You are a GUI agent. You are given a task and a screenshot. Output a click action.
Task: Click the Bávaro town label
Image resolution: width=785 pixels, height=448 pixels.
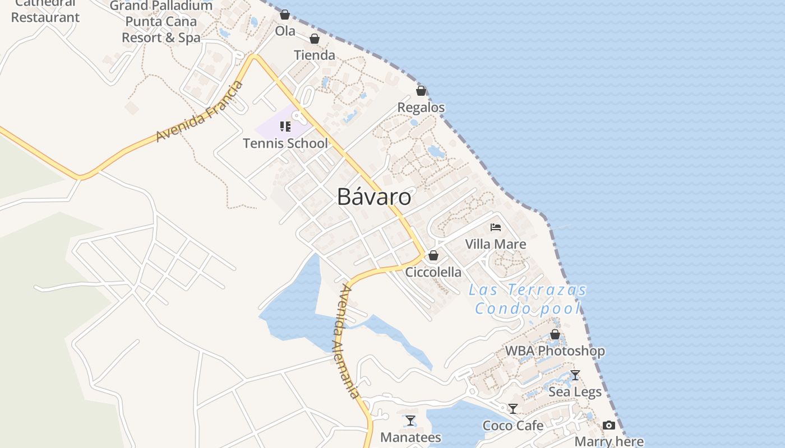click(374, 197)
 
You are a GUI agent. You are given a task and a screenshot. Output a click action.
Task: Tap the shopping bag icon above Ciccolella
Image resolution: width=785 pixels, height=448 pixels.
click(433, 256)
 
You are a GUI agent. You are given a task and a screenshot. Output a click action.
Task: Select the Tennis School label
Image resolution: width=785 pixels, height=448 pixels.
click(285, 143)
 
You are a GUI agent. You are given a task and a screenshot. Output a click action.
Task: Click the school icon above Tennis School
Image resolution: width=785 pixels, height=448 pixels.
click(285, 127)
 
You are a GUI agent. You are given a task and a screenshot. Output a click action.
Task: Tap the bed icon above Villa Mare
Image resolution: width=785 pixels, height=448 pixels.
click(496, 227)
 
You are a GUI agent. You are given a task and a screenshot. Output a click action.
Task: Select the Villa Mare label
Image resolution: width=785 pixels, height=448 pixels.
click(496, 244)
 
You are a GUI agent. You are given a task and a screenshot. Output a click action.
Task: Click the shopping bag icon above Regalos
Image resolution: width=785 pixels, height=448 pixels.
click(421, 91)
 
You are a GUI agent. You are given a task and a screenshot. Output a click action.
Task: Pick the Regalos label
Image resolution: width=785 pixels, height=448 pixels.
click(421, 108)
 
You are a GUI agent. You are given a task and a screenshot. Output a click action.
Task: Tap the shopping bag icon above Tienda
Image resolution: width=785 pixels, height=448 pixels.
click(315, 39)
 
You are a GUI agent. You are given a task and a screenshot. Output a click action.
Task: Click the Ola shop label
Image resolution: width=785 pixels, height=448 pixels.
click(285, 31)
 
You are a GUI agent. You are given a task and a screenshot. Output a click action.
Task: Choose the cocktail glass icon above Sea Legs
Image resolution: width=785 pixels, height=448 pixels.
click(575, 375)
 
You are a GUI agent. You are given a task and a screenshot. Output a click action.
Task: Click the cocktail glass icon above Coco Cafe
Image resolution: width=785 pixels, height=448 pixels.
click(513, 409)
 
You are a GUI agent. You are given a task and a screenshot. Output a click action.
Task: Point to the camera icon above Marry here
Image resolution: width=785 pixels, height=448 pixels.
click(609, 426)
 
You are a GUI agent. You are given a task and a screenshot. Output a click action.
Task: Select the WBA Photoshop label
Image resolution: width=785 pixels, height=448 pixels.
click(555, 351)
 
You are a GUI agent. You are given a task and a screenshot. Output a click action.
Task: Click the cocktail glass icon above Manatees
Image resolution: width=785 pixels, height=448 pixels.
click(410, 421)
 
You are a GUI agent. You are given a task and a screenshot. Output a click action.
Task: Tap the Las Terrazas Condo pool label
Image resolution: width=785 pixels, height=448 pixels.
click(528, 299)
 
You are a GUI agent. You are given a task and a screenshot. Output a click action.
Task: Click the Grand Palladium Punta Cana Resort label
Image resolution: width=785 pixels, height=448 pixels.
click(161, 22)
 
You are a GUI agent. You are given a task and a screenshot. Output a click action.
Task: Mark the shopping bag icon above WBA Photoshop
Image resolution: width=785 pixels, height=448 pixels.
click(555, 335)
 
